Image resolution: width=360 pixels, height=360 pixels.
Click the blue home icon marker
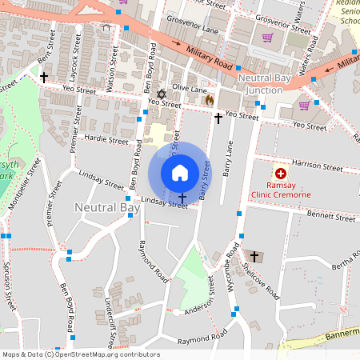pyautogui.click(x=180, y=172)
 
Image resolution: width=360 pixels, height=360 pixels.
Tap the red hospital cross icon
pyautogui.click(x=280, y=174)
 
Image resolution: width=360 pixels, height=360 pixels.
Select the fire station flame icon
pyautogui.click(x=210, y=101)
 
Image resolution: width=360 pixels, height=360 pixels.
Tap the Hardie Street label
pyautogui.click(x=106, y=140)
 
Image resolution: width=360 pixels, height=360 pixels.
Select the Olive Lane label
pyautogui.click(x=190, y=90)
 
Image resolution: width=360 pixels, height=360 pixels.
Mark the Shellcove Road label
pyautogui.click(x=268, y=276)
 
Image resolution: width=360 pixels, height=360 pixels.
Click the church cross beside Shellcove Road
pyautogui.click(x=255, y=256)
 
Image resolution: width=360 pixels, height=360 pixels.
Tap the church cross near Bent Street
pyautogui.click(x=43, y=77)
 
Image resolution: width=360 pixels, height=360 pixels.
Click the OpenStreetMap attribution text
pyautogui.click(x=80, y=354)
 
